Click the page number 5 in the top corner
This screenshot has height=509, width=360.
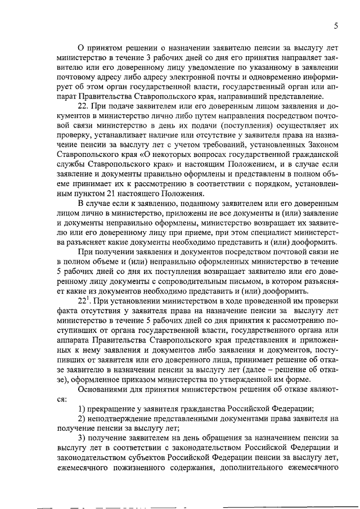pyautogui.click(x=336, y=25)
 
